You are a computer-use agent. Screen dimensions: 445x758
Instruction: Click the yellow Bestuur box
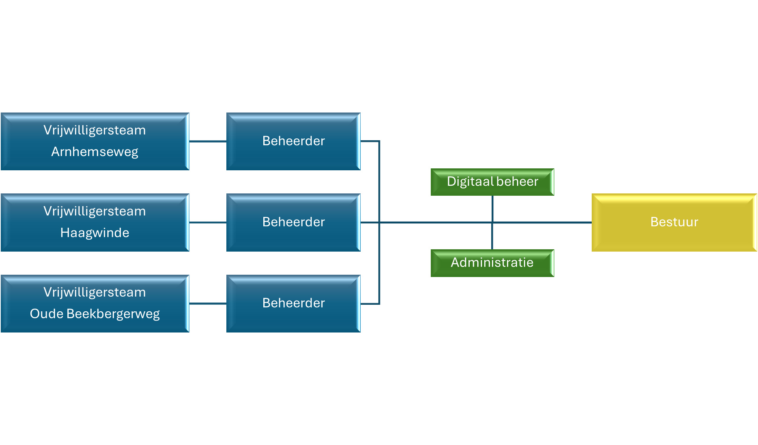point(674,222)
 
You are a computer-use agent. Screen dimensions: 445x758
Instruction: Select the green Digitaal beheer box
point(492,182)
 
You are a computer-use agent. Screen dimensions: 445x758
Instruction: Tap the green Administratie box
point(492,263)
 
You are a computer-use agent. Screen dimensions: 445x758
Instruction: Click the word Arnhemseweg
point(95,152)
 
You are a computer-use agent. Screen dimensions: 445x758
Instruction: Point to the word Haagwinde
point(95,233)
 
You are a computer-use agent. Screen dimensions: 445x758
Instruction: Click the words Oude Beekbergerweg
point(95,314)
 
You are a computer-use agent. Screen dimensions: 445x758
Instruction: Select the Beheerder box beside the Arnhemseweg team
point(293,141)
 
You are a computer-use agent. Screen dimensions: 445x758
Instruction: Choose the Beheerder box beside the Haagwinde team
point(293,222)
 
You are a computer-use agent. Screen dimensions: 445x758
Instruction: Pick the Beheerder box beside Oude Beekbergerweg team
point(293,303)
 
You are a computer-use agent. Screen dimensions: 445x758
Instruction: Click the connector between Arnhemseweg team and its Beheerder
point(208,141)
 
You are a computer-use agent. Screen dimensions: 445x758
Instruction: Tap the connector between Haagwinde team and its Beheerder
point(208,222)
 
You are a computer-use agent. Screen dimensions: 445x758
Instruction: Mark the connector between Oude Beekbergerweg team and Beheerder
point(208,304)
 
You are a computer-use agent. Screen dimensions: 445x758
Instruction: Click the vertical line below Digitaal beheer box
point(492,208)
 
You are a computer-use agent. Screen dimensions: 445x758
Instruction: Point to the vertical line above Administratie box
point(492,237)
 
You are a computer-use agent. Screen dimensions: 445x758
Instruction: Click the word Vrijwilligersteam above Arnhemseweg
point(95,130)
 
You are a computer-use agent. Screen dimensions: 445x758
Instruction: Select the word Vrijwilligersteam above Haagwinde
point(95,211)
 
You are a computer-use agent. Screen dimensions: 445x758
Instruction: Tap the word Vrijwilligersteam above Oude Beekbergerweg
point(95,292)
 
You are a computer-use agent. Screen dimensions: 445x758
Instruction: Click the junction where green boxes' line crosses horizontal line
point(492,222)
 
